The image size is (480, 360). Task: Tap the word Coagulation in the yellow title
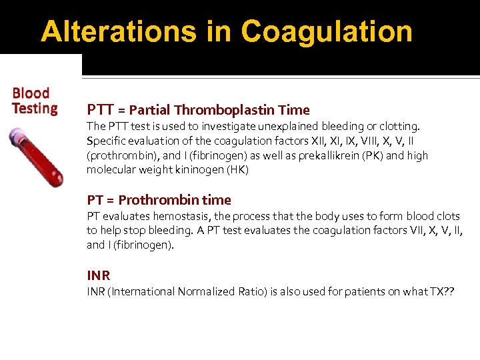coord(327,31)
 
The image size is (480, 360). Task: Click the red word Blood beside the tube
coord(31,93)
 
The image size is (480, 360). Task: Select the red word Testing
coord(35,108)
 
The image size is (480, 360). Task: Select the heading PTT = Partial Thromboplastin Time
coord(198,110)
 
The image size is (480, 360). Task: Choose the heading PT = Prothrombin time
coord(159,200)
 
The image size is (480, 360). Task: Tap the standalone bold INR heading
coord(99,275)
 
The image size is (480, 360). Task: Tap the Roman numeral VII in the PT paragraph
coord(404,231)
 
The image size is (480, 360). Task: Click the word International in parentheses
coord(148,292)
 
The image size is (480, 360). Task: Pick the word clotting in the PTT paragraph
coord(399,126)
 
